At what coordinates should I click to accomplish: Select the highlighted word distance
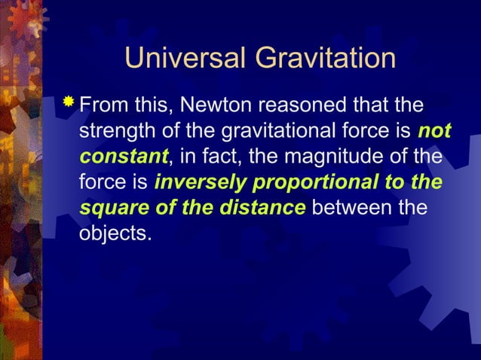point(261,209)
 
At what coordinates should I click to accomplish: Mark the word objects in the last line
point(115,235)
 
